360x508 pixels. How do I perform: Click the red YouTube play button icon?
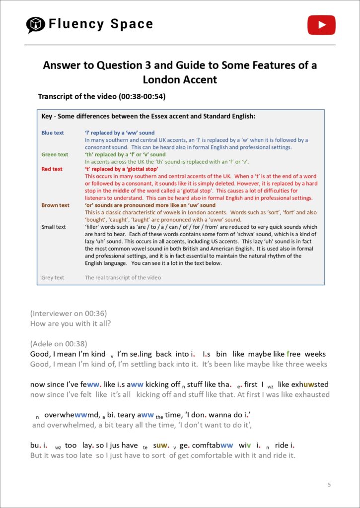click(x=321, y=25)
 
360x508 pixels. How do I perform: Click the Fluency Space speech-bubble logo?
click(x=35, y=24)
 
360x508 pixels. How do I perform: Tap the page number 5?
click(x=329, y=484)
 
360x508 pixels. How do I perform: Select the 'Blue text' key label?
click(x=53, y=133)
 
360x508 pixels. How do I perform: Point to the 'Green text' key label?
click(x=55, y=155)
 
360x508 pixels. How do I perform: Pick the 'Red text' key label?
click(x=52, y=169)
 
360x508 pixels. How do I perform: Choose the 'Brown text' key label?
click(x=55, y=205)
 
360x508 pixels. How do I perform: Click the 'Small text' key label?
click(x=54, y=227)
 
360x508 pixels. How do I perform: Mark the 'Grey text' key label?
click(x=53, y=277)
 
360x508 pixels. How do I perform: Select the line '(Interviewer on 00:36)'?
click(x=69, y=314)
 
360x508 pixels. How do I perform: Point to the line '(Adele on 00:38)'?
click(x=59, y=343)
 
